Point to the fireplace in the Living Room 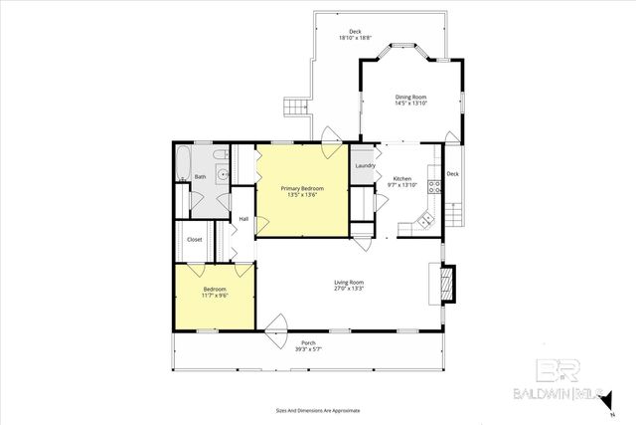click(447, 283)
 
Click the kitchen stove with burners click(434, 185)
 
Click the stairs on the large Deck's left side click(293, 106)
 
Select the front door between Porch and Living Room click(277, 324)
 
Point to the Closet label click(194, 239)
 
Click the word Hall click(243, 219)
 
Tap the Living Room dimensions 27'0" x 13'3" click(349, 290)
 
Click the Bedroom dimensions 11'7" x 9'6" click(215, 296)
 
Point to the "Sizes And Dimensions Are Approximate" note click(318, 410)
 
